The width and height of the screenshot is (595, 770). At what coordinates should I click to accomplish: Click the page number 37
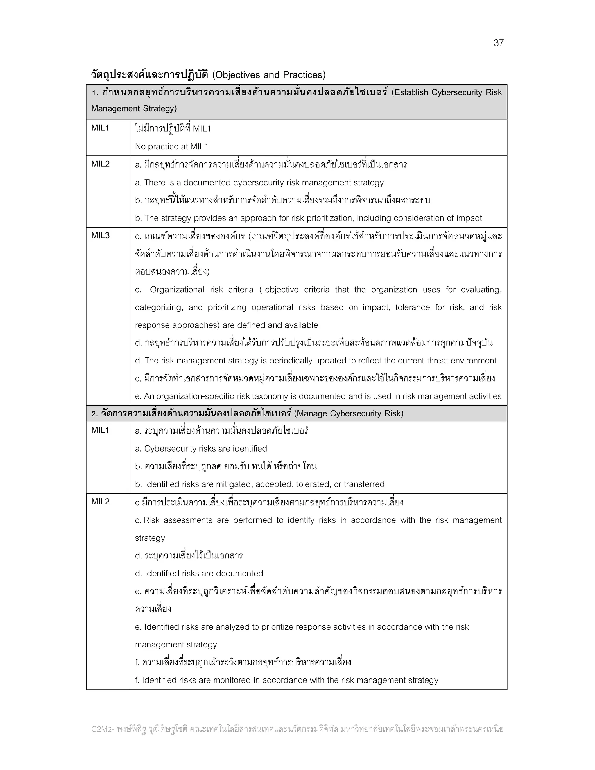(499, 43)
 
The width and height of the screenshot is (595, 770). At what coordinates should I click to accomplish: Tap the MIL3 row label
(101, 236)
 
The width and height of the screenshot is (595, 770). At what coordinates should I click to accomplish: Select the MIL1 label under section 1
(101, 128)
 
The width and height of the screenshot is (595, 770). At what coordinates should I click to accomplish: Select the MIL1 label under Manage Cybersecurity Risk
(101, 430)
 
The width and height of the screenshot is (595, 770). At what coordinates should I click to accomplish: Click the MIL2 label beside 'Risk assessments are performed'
(101, 502)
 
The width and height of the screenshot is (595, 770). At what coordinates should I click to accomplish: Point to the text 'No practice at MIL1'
(172, 147)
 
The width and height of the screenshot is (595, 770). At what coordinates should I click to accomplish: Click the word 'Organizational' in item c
(177, 290)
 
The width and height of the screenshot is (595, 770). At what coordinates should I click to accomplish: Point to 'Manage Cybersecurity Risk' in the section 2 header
(348, 413)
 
